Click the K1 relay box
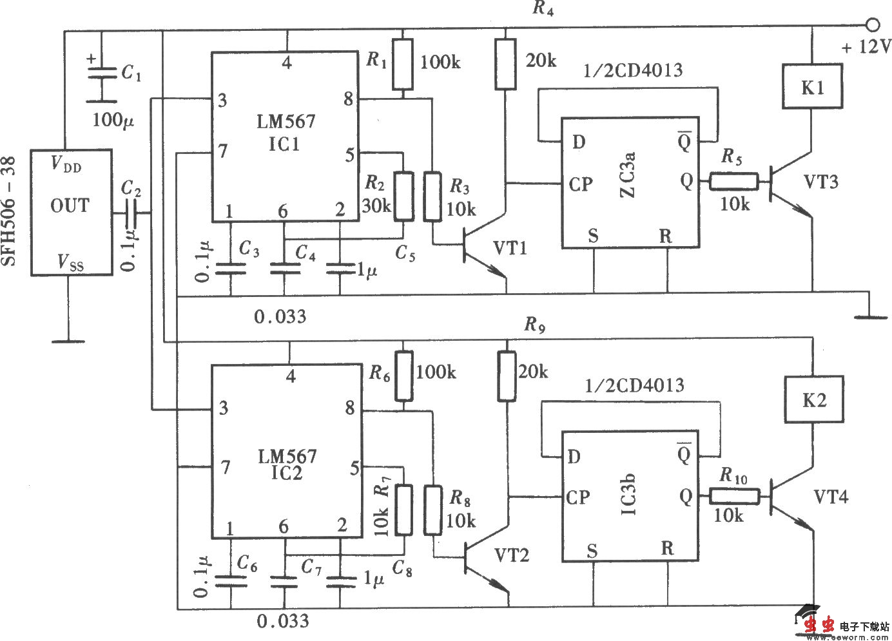812,86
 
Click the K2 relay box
813,400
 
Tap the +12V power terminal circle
872,25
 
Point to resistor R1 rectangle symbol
402,64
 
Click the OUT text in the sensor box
70,206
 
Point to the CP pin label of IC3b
578,497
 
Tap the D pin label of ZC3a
578,142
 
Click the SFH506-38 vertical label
11,213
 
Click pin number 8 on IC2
350,408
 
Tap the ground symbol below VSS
68,341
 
